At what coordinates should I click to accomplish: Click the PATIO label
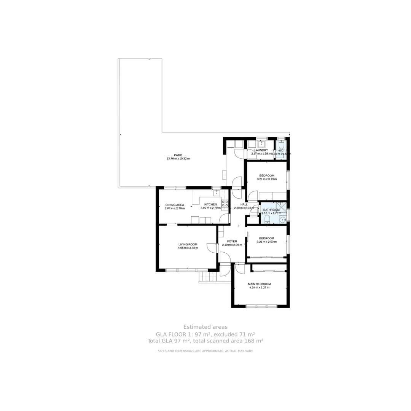(178, 155)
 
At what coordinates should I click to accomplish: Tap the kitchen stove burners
(225, 204)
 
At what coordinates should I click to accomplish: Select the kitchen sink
(217, 193)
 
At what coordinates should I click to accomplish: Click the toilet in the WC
(281, 145)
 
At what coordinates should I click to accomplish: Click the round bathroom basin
(282, 220)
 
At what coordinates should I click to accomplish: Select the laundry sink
(261, 144)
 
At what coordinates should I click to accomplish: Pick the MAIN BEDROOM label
(259, 284)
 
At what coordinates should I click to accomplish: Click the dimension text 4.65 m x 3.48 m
(188, 248)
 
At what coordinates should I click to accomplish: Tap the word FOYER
(232, 241)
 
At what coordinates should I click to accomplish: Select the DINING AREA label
(175, 205)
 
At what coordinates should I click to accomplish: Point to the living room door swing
(211, 247)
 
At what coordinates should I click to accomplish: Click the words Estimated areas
(205, 327)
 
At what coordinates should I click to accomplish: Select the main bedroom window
(261, 306)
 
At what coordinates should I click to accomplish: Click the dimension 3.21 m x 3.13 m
(266, 179)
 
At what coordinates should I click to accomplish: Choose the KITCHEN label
(210, 204)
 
